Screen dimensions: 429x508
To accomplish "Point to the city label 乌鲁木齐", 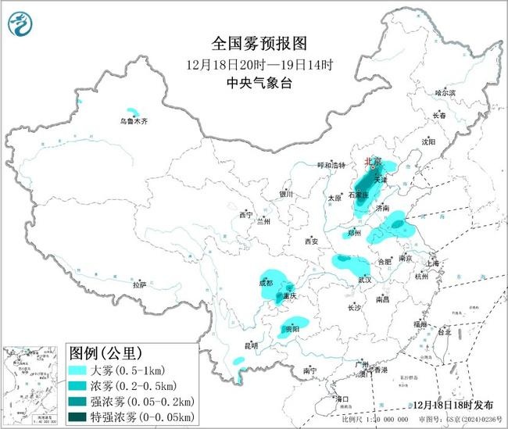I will click(x=133, y=121).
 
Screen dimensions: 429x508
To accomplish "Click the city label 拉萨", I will click(x=139, y=286).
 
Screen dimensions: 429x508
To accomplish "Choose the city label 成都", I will click(x=265, y=283).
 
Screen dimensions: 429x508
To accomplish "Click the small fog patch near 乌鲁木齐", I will click(x=134, y=112).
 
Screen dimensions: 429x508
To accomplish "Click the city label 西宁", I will click(x=246, y=214).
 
